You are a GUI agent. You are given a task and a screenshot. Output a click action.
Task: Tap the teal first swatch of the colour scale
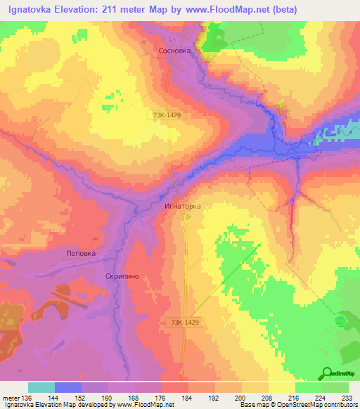coord(41,387)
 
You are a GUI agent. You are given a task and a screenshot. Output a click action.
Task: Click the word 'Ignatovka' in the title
coord(29,9)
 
